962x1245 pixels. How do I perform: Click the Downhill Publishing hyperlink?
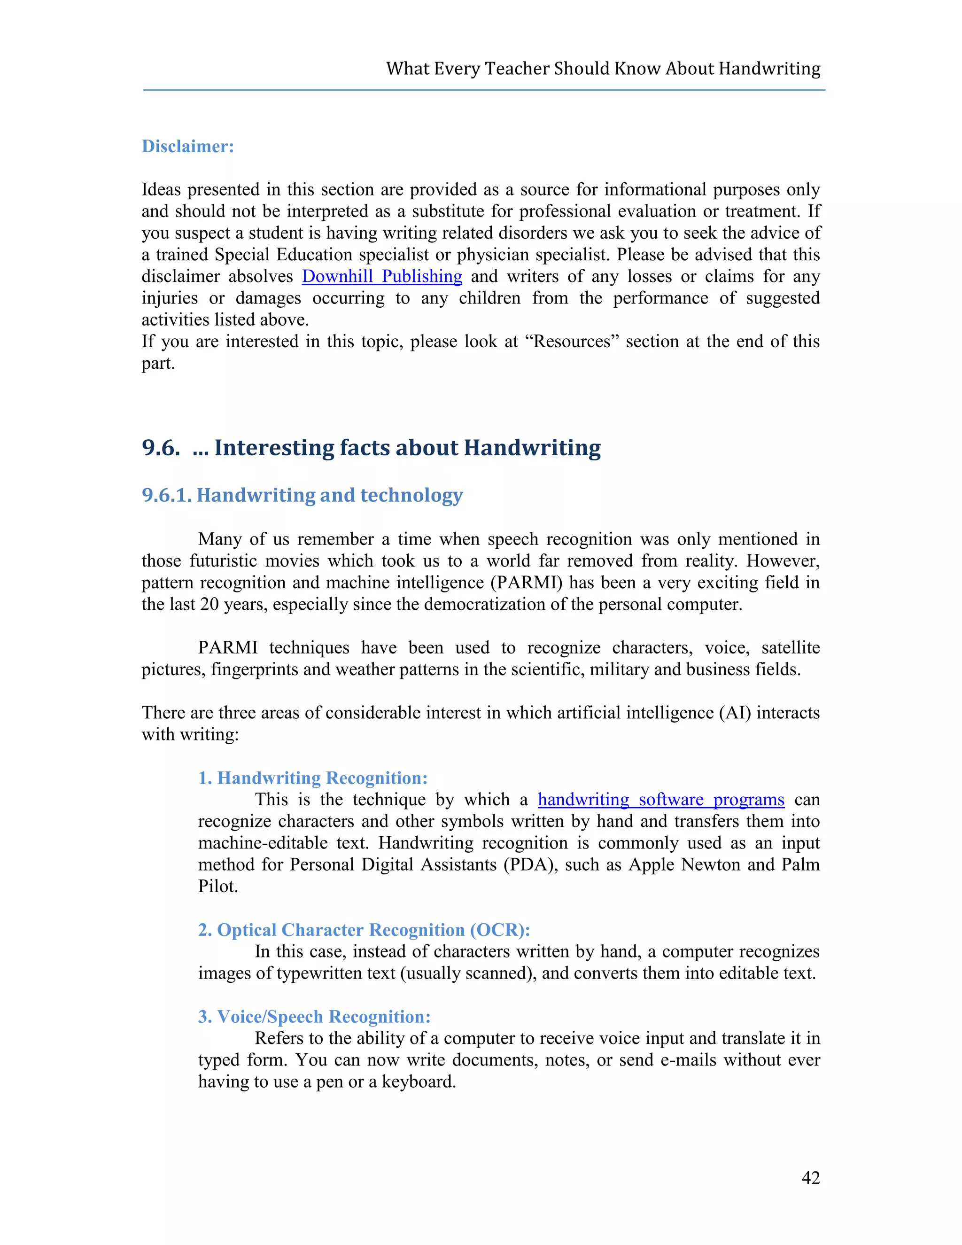pyautogui.click(x=382, y=276)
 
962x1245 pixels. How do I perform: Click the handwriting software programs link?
pyautogui.click(x=660, y=800)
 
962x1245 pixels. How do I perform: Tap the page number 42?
pyautogui.click(x=810, y=1178)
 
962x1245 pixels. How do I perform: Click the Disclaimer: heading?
pyautogui.click(x=187, y=147)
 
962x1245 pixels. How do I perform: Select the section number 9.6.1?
pyautogui.click(x=166, y=495)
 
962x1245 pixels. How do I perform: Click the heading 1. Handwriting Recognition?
pyautogui.click(x=312, y=778)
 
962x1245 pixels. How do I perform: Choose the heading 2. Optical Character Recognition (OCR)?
pyautogui.click(x=364, y=930)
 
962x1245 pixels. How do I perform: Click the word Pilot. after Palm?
pyautogui.click(x=217, y=887)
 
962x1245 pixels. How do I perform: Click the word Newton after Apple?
pyautogui.click(x=711, y=865)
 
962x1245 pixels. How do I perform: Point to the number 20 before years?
pyautogui.click(x=209, y=604)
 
